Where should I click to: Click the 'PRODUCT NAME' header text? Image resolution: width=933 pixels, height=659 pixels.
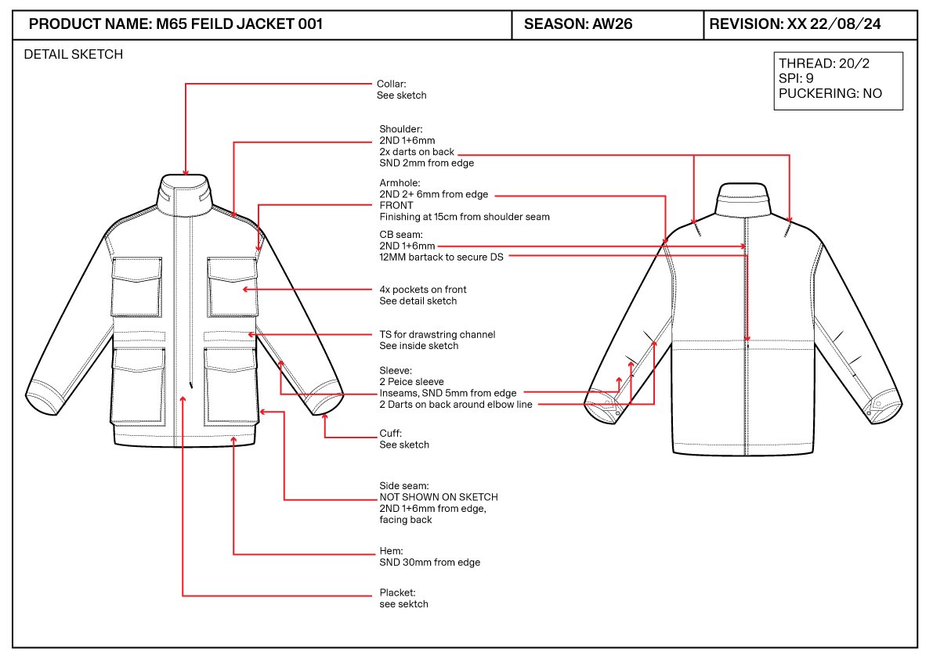click(x=90, y=24)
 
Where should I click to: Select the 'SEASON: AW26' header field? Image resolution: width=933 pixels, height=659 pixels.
click(x=578, y=24)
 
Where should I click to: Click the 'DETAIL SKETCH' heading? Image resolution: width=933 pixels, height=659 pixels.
click(x=73, y=55)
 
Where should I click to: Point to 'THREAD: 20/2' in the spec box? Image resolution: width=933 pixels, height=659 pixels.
click(x=823, y=63)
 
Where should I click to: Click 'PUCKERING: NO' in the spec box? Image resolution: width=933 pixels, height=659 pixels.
click(x=830, y=93)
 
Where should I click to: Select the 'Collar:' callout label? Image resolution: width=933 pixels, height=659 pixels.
click(x=392, y=84)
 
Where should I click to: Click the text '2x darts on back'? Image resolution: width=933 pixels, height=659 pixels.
click(x=417, y=152)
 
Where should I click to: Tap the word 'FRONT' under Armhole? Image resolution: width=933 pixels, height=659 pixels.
click(x=396, y=205)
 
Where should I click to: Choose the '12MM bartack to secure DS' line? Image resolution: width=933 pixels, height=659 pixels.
click(x=442, y=257)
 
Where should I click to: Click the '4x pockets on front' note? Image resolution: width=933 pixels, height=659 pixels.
click(x=423, y=290)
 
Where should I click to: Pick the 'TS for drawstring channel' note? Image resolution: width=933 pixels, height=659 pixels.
click(x=437, y=334)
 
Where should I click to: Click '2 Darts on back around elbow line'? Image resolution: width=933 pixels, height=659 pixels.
click(x=456, y=404)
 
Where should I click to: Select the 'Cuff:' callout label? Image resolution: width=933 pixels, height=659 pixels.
click(x=390, y=433)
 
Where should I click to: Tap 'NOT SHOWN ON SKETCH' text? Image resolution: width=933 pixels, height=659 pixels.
click(x=439, y=497)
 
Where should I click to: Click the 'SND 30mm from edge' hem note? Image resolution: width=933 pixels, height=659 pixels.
click(x=429, y=562)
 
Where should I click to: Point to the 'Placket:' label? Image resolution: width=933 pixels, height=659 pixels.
click(x=397, y=592)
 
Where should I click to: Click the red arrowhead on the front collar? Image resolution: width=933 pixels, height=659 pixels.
click(x=186, y=171)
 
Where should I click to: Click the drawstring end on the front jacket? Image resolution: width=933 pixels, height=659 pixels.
click(x=191, y=386)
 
